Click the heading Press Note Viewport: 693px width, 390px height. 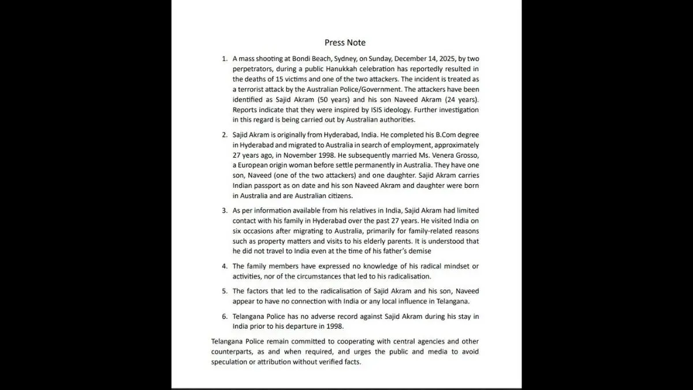pyautogui.click(x=345, y=42)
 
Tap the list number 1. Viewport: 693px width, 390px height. pyautogui.click(x=225, y=59)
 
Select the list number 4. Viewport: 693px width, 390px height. pyautogui.click(x=225, y=266)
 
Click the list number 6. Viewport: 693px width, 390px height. pyautogui.click(x=225, y=317)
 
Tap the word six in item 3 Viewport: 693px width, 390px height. pyautogui.click(x=239, y=231)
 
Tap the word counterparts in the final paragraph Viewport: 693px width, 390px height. pyautogui.click(x=237, y=352)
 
